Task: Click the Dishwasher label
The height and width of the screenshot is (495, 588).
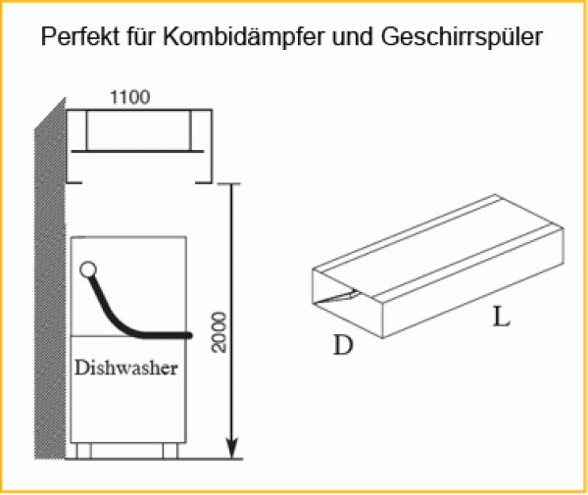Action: pyautogui.click(x=125, y=370)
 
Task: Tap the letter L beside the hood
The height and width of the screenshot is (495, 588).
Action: pyautogui.click(x=501, y=319)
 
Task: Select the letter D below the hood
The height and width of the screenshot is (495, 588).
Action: pyautogui.click(x=342, y=346)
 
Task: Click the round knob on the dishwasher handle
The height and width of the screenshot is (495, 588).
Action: pyautogui.click(x=88, y=269)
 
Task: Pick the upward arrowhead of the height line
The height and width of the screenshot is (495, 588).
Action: pyautogui.click(x=232, y=188)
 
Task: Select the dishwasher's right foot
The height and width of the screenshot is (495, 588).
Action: pyautogui.click(x=171, y=450)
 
